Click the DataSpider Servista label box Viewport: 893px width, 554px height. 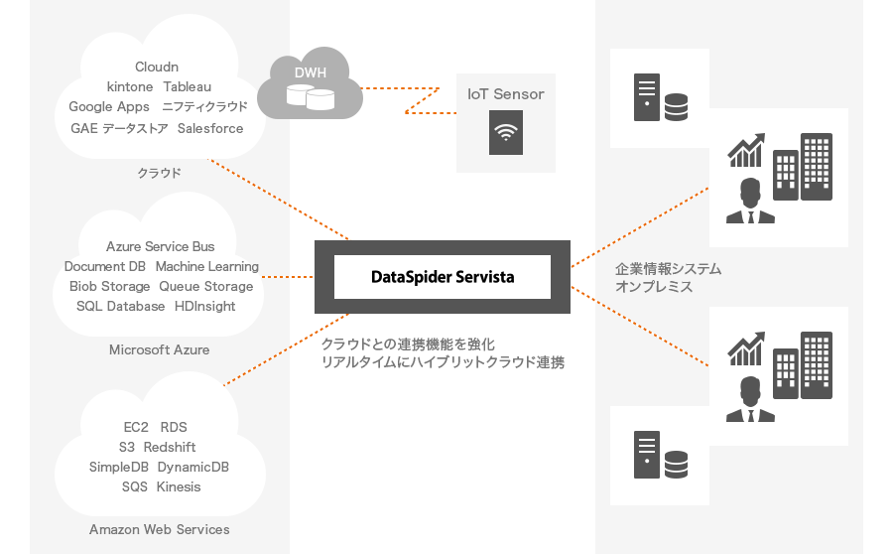pos(442,277)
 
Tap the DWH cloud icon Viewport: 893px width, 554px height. pos(309,86)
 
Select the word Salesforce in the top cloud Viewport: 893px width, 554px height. pos(210,128)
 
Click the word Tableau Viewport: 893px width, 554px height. pos(188,87)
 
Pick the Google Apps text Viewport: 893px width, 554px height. pos(109,107)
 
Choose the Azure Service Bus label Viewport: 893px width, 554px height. pos(160,246)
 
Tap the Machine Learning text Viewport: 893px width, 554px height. pos(206,266)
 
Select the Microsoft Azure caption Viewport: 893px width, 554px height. pos(159,349)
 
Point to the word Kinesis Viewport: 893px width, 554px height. pos(179,486)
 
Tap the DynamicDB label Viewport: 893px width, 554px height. pos(192,467)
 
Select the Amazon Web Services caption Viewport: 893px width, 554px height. pos(159,529)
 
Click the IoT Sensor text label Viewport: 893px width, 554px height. pos(506,94)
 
